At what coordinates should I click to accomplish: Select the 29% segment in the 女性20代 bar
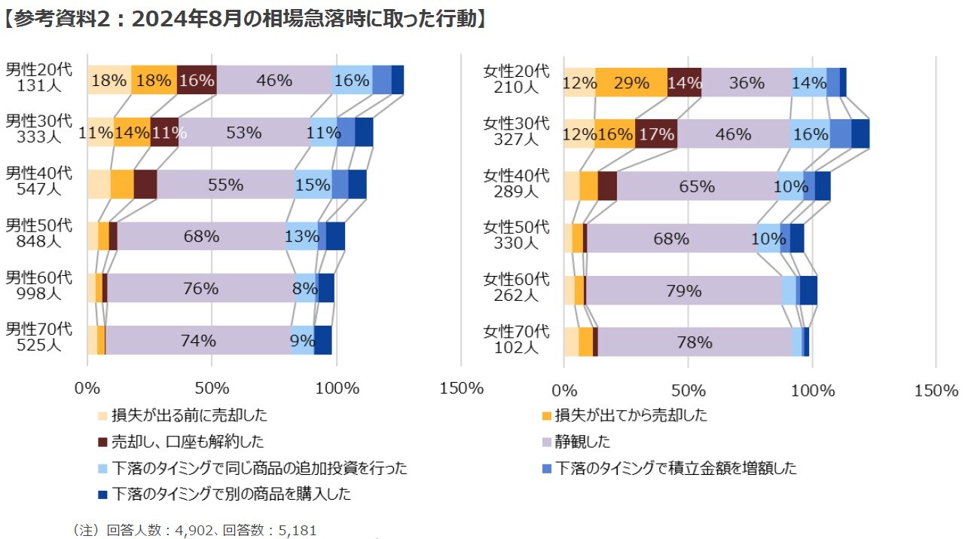631,83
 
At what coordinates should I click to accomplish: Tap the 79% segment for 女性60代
683,290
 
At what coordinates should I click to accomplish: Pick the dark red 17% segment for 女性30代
656,134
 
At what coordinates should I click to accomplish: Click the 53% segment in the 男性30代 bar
244,133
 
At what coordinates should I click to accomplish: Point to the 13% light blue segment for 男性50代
302,236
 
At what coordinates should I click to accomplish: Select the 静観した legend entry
582,442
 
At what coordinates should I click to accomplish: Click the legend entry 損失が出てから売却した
631,415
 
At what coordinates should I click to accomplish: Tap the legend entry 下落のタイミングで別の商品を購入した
231,495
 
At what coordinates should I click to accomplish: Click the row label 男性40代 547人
38,182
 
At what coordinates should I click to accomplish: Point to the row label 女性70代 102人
516,339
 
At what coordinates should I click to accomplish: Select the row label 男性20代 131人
38,78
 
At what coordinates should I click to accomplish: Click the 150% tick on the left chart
460,389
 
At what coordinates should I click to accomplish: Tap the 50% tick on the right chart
688,390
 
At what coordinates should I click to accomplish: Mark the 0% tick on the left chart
87,389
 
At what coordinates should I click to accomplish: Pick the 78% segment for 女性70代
694,342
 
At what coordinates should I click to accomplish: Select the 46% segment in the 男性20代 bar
274,81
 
